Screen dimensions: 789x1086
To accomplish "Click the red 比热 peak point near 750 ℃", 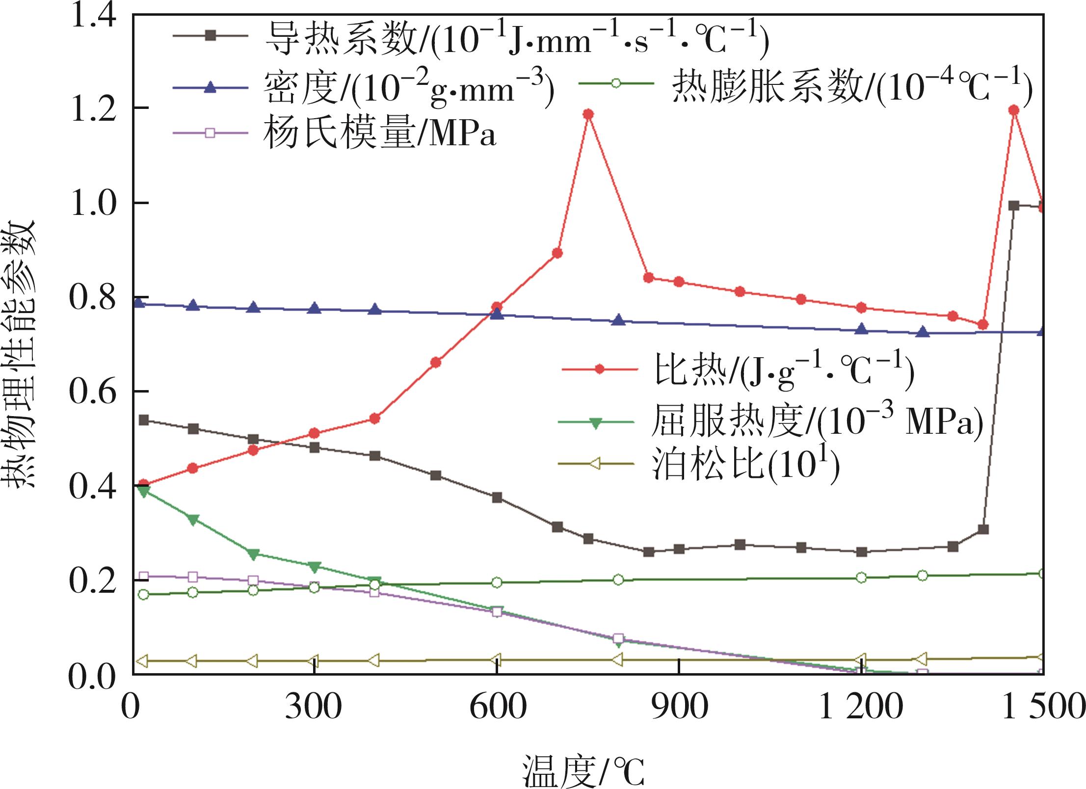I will coord(588,114).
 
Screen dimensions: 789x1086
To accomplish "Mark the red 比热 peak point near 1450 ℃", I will coord(1014,110).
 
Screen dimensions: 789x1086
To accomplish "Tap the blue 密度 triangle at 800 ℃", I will coord(618,320).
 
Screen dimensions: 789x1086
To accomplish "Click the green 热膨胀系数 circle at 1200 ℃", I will coord(861,577).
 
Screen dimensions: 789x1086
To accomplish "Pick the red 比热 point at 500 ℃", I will coord(435,363).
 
